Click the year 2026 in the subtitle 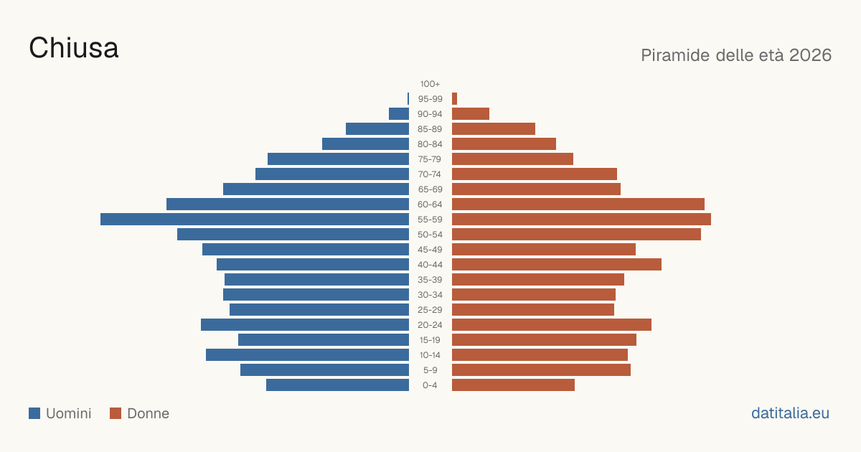(x=810, y=55)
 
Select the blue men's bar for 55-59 (x=255, y=219)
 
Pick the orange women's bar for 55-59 (x=582, y=219)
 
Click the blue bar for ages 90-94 (x=399, y=114)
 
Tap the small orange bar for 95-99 (x=454, y=99)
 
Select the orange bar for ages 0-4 (x=513, y=385)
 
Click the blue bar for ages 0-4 (x=337, y=385)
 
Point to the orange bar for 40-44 (x=557, y=265)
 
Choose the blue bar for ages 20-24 (x=305, y=325)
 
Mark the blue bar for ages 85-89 (x=377, y=128)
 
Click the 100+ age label (x=430, y=84)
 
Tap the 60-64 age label (x=430, y=204)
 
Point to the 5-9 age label (x=430, y=370)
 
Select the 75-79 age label (x=430, y=159)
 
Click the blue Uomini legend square (x=34, y=413)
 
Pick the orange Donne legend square (x=116, y=413)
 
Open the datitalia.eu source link (x=790, y=413)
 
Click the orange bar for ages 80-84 (x=504, y=143)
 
